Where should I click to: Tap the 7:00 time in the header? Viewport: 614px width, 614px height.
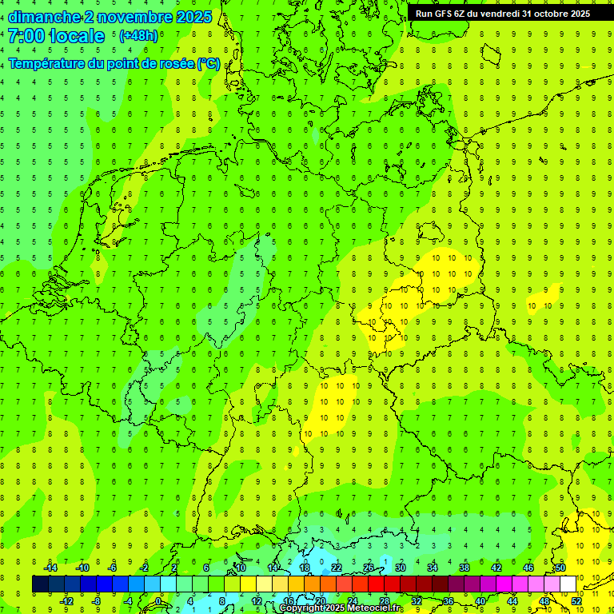pos(26,37)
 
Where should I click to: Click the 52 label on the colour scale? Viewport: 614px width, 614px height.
pos(576,601)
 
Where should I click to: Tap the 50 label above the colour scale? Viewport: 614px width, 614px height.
pos(560,568)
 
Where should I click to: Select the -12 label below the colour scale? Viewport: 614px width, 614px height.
pos(66,601)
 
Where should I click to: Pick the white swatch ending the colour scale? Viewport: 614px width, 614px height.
pos(568,584)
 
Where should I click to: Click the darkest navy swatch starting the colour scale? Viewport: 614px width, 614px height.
pos(40,584)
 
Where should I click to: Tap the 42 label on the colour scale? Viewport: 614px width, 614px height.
pos(496,568)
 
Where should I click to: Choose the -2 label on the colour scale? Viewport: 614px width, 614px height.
pos(145,568)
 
